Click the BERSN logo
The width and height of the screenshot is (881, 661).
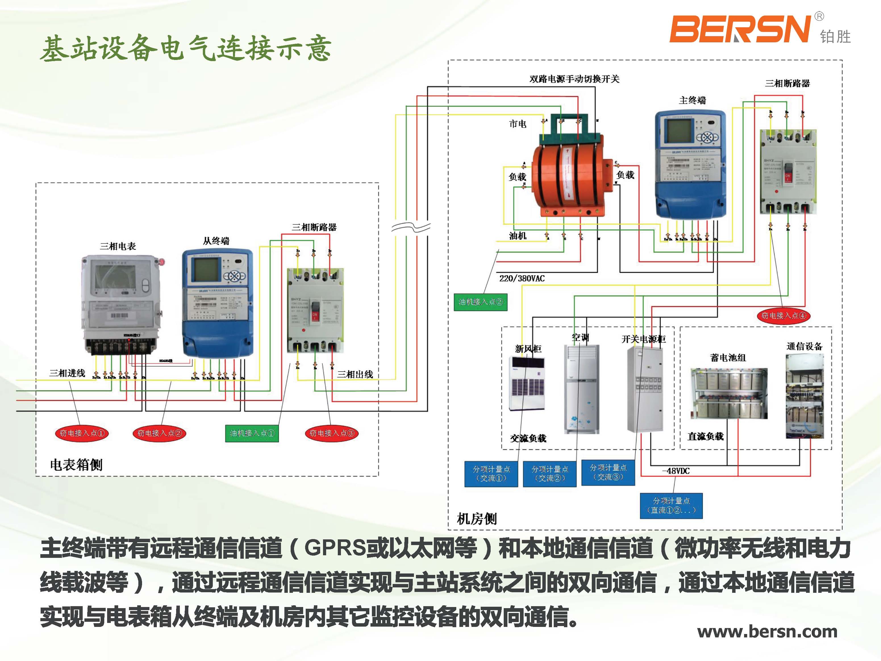tap(740, 29)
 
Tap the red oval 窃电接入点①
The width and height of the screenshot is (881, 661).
tap(82, 433)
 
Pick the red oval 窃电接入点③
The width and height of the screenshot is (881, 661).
tap(331, 433)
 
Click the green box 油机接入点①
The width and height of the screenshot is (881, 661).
tap(252, 433)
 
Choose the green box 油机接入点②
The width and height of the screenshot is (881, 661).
tap(480, 302)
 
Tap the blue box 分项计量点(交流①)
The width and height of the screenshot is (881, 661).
tap(491, 474)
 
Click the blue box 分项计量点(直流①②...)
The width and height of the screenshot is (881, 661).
tap(671, 505)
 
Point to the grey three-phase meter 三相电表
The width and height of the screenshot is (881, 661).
tap(122, 305)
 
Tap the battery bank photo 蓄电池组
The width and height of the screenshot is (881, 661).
tap(728, 393)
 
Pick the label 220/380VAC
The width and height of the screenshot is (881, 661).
tap(522, 278)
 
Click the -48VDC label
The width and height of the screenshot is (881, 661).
tap(676, 471)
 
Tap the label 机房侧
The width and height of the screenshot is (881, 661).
tap(476, 519)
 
